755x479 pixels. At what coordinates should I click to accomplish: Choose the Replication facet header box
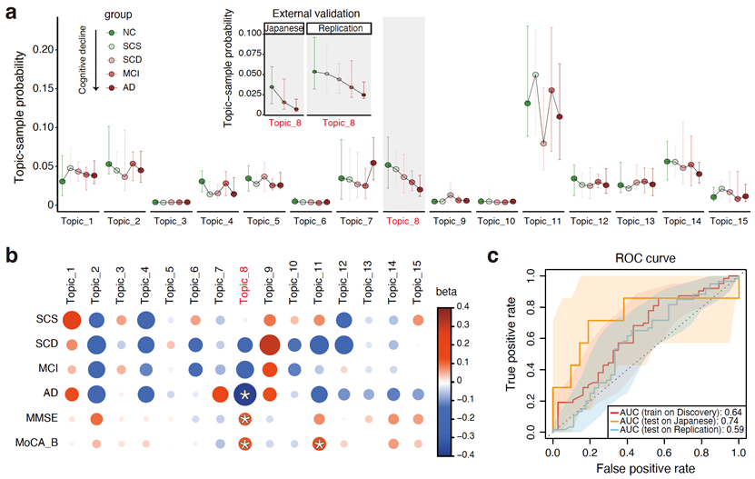pyautogui.click(x=340, y=28)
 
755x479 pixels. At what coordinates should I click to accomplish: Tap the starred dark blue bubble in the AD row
pyautogui.click(x=243, y=394)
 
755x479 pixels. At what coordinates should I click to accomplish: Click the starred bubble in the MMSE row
pyautogui.click(x=243, y=419)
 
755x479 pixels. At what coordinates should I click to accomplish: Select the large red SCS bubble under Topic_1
pyautogui.click(x=72, y=319)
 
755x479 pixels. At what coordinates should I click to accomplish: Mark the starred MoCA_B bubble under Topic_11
pyautogui.click(x=319, y=444)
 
